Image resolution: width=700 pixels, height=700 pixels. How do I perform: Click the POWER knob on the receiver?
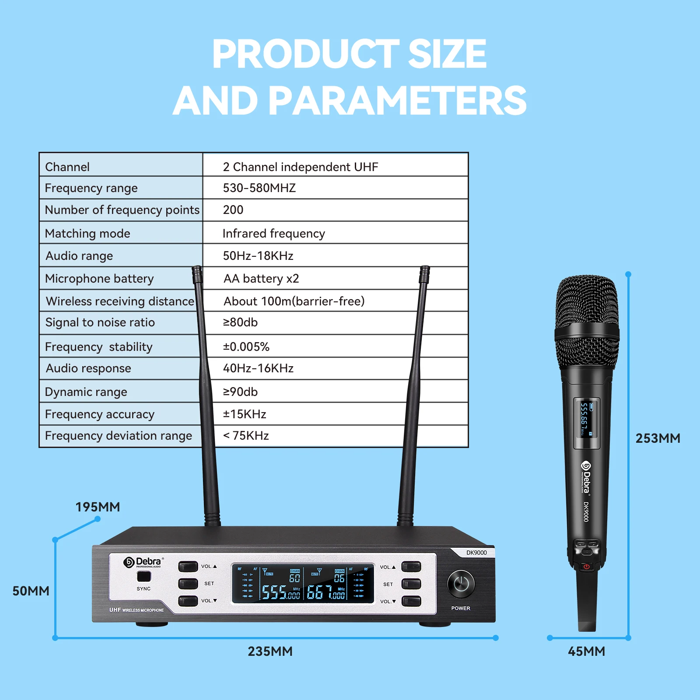pyautogui.click(x=461, y=584)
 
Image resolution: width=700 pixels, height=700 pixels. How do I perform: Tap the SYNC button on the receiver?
pyautogui.click(x=143, y=577)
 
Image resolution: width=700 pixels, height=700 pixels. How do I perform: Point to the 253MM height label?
pyautogui.click(x=658, y=438)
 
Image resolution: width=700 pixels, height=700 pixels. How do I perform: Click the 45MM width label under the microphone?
pyautogui.click(x=586, y=651)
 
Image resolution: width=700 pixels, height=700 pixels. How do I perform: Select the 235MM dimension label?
pyautogui.click(x=270, y=651)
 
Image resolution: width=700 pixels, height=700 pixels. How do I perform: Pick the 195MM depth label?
pyautogui.click(x=98, y=507)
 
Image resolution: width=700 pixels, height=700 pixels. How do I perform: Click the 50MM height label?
pyautogui.click(x=31, y=591)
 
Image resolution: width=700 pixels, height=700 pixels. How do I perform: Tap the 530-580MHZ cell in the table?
pyautogui.click(x=259, y=188)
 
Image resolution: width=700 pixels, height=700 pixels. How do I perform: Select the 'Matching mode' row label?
pyautogui.click(x=87, y=234)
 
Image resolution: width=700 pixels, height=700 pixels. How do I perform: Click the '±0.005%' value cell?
pyautogui.click(x=246, y=347)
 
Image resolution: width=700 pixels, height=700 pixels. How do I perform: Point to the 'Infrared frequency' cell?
pyautogui.click(x=273, y=234)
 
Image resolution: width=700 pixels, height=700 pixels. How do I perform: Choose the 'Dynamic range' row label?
pyautogui.click(x=86, y=392)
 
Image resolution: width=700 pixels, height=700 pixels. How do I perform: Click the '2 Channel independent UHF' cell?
pyautogui.click(x=301, y=167)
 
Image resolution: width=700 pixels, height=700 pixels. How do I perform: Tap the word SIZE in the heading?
pyautogui.click(x=447, y=54)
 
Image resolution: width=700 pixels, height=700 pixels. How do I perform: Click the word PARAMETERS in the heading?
pyautogui.click(x=397, y=101)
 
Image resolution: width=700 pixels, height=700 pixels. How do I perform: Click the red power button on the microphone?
pyautogui.click(x=586, y=567)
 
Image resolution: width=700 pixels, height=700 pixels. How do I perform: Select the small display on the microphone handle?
pyautogui.click(x=586, y=423)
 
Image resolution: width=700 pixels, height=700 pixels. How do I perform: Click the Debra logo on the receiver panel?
pyautogui.click(x=143, y=562)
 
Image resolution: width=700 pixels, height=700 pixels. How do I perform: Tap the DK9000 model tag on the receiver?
pyautogui.click(x=476, y=553)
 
